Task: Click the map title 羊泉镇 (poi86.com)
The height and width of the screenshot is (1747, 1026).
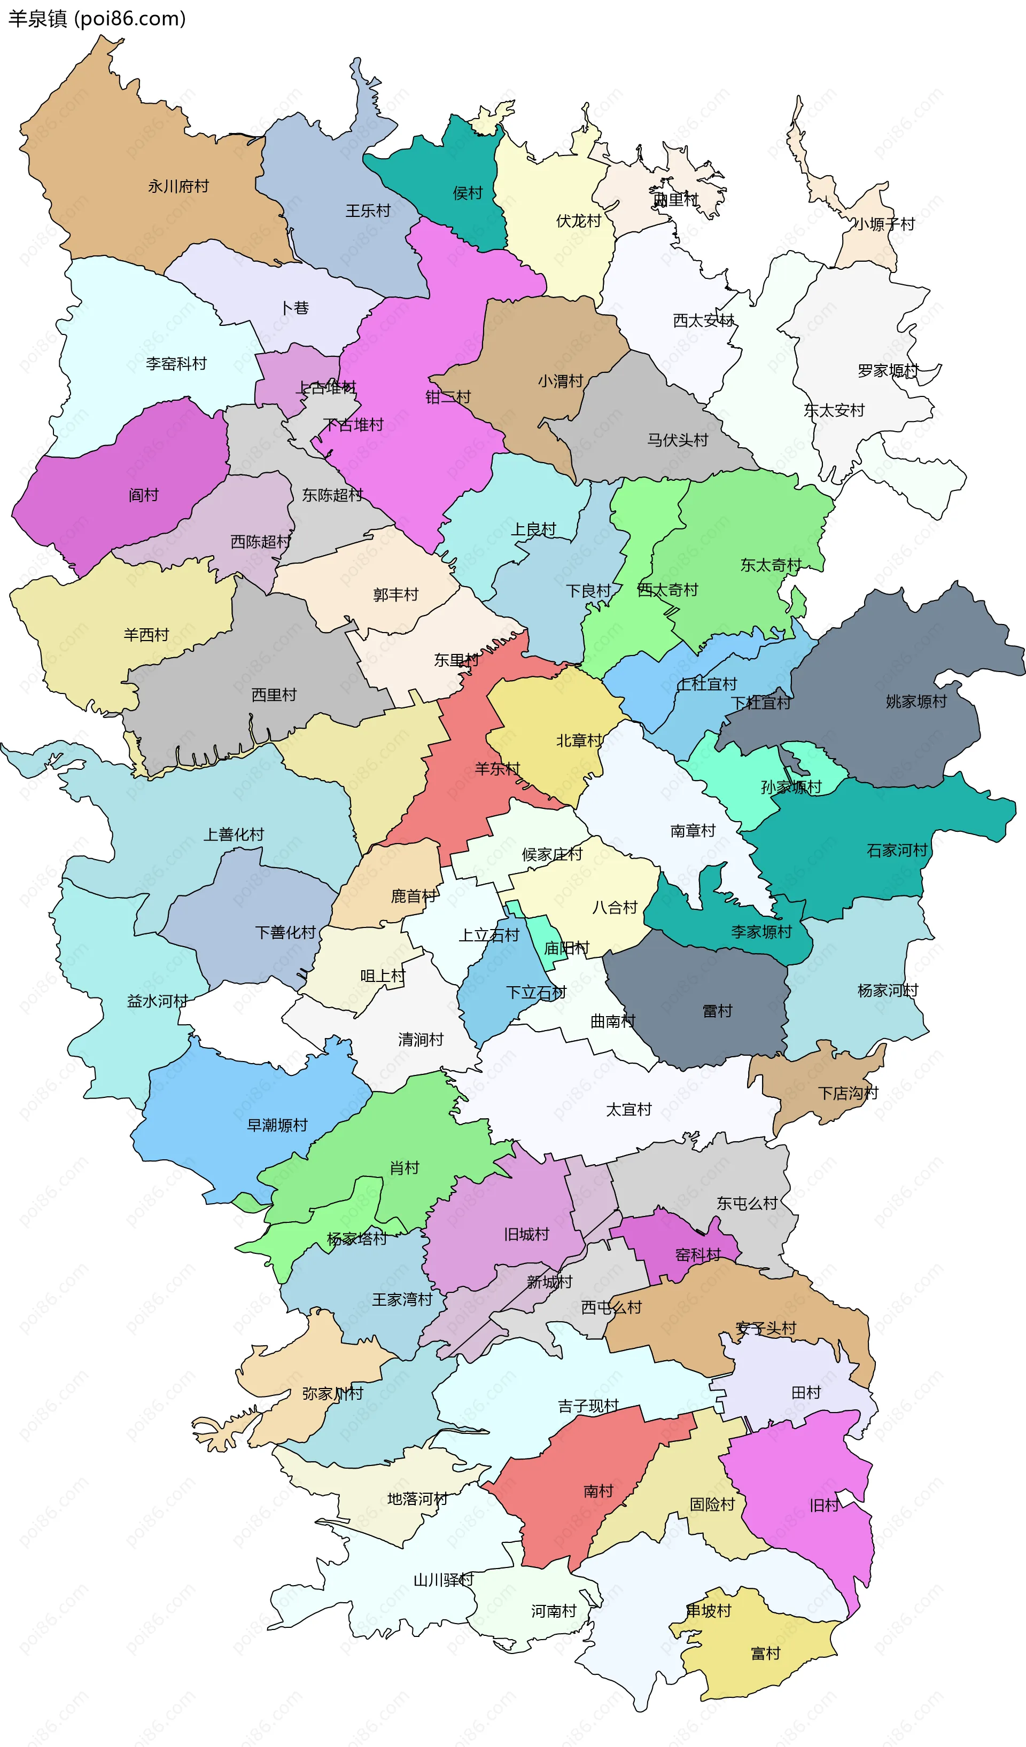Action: pyautogui.click(x=97, y=18)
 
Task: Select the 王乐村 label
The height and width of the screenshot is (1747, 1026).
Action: pyautogui.click(x=368, y=210)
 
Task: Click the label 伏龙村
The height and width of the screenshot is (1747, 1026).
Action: pyautogui.click(x=578, y=221)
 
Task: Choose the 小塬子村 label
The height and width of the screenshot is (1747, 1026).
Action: pyautogui.click(x=884, y=224)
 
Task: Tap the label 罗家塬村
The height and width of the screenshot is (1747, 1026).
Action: pyautogui.click(x=888, y=371)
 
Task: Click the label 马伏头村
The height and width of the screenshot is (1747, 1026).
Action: pyautogui.click(x=677, y=440)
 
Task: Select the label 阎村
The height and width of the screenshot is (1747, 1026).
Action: pyautogui.click(x=144, y=495)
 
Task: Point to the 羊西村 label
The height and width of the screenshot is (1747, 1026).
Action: pyautogui.click(x=146, y=635)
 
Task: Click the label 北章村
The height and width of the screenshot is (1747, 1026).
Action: pyautogui.click(x=579, y=740)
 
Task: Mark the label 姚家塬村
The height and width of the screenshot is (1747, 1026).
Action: pyautogui.click(x=916, y=701)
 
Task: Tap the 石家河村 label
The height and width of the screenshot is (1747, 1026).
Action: pyautogui.click(x=897, y=851)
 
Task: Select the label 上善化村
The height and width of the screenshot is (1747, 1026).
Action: pyautogui.click(x=234, y=834)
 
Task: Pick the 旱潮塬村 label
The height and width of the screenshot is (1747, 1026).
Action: pyautogui.click(x=277, y=1125)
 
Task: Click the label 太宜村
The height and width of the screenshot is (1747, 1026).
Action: pyautogui.click(x=629, y=1109)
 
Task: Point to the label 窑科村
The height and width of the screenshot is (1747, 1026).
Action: pyautogui.click(x=698, y=1255)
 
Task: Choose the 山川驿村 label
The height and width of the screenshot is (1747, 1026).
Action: pyautogui.click(x=444, y=1580)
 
